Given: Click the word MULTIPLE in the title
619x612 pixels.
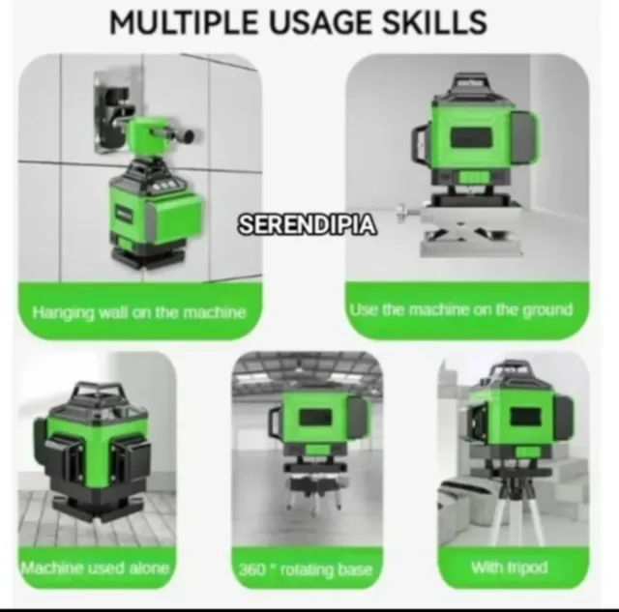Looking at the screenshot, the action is (183, 22).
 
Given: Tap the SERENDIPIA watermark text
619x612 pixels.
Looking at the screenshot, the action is (308, 225).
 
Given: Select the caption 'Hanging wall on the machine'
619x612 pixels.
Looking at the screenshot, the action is (139, 313).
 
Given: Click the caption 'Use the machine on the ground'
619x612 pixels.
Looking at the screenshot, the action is (461, 309).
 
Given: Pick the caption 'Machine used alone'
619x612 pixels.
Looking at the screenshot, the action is (96, 568).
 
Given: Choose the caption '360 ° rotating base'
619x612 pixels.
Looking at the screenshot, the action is (306, 570).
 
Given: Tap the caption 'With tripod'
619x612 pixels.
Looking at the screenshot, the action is (510, 568).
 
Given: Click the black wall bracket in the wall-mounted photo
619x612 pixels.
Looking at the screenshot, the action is (112, 113).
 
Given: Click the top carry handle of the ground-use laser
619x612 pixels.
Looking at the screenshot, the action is (470, 81).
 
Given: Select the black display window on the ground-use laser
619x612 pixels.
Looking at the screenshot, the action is (472, 138).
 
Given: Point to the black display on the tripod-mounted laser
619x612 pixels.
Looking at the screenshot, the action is (525, 418).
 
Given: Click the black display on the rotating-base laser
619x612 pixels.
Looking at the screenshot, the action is (315, 418).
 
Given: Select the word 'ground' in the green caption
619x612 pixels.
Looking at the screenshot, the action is (547, 310).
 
